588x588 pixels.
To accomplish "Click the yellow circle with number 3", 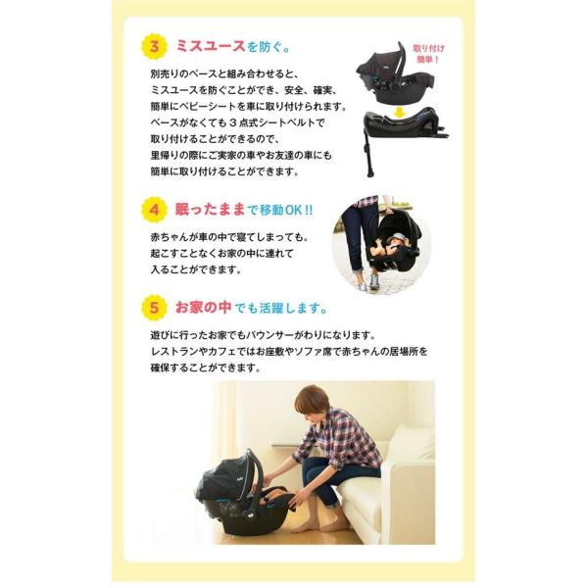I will [154, 47].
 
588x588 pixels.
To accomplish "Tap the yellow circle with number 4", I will [154, 210].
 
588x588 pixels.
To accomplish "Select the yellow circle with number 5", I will [154, 308].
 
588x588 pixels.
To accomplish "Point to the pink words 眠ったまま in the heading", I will [208, 209].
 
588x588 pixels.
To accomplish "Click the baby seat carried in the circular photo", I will [396, 245].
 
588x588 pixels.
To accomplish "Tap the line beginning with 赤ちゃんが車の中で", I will [228, 236].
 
